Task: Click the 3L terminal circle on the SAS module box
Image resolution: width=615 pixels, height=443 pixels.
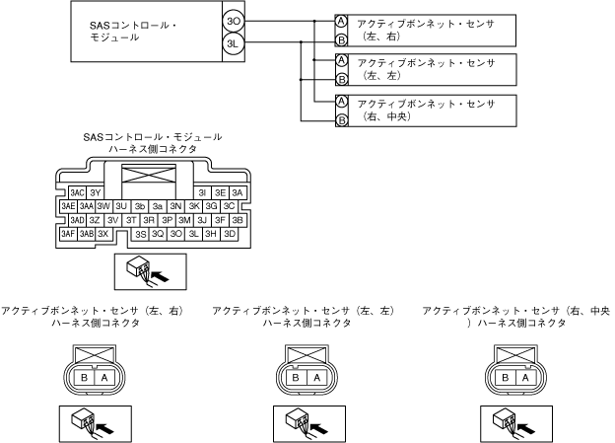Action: click(233, 43)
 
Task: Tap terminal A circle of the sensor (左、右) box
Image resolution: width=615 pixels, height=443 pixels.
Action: click(341, 21)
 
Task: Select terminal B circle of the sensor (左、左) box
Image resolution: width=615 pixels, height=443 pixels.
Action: click(341, 79)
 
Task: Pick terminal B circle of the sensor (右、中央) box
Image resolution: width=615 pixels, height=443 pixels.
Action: click(341, 120)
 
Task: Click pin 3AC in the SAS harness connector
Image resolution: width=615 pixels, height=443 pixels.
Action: click(77, 192)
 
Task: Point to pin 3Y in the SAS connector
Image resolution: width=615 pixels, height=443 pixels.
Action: click(96, 192)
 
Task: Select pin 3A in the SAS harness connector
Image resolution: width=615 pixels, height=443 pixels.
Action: click(239, 192)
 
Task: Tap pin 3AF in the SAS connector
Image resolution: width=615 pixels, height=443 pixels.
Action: click(68, 235)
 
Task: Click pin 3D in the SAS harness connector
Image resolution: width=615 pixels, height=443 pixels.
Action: click(230, 235)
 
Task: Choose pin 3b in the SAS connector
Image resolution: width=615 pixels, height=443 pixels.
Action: click(140, 206)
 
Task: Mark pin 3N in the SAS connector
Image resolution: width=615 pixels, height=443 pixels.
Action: click(175, 206)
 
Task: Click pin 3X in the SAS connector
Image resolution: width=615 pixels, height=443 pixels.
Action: click(103, 235)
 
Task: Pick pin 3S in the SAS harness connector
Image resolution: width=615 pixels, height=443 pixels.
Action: click(141, 235)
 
